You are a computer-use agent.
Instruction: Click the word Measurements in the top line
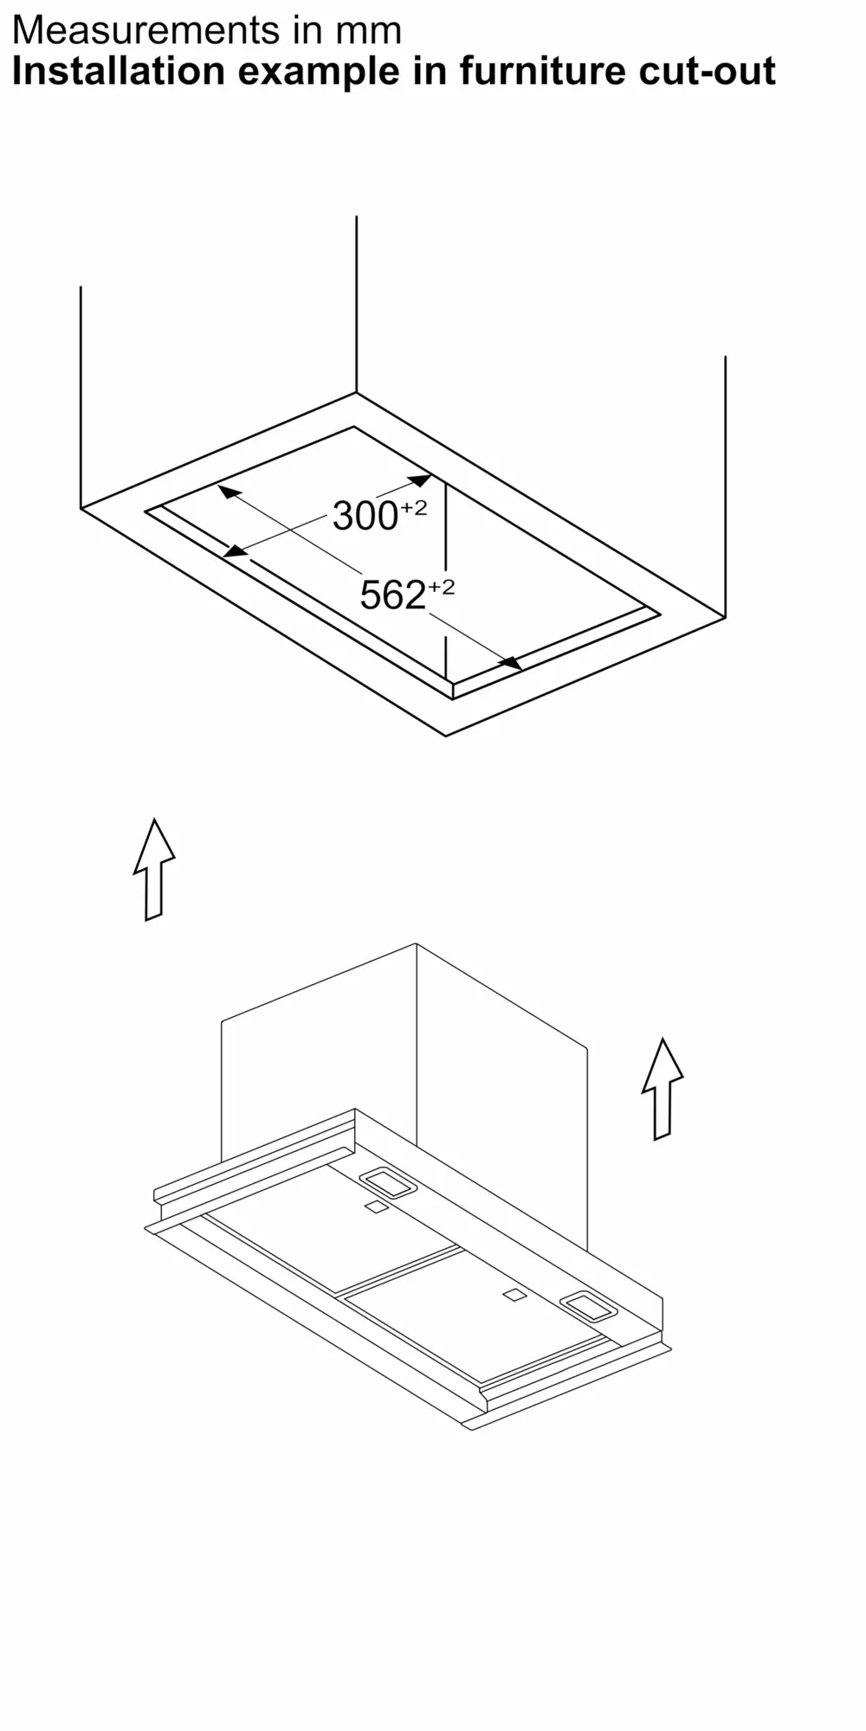click(x=146, y=30)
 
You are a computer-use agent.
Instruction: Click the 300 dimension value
click(x=365, y=517)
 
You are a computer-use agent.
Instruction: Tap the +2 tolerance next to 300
click(x=413, y=507)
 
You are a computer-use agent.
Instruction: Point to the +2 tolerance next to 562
click(x=441, y=587)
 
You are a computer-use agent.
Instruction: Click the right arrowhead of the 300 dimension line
click(x=420, y=480)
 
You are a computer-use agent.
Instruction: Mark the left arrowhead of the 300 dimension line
click(x=235, y=550)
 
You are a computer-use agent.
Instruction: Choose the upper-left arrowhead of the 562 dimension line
click(x=229, y=492)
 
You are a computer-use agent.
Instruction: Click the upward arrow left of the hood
click(x=154, y=868)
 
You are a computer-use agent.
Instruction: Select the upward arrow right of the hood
click(x=662, y=1088)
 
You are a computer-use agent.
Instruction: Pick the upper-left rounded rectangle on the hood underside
click(x=388, y=1183)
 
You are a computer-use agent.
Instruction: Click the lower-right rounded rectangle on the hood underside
click(x=589, y=1306)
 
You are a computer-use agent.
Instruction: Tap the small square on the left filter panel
click(x=376, y=1207)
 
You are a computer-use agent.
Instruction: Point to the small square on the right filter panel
click(x=514, y=1296)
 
